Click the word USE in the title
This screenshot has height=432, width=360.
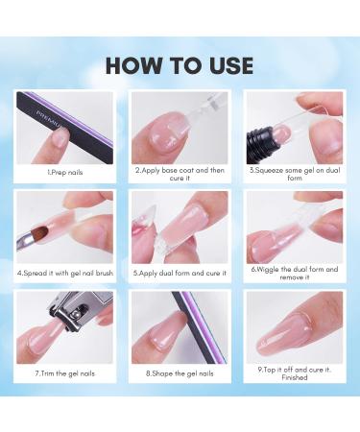228,65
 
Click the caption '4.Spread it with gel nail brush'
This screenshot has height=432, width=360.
64,272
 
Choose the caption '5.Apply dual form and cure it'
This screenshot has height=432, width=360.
180,272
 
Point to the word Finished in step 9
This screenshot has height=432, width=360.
294,378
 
